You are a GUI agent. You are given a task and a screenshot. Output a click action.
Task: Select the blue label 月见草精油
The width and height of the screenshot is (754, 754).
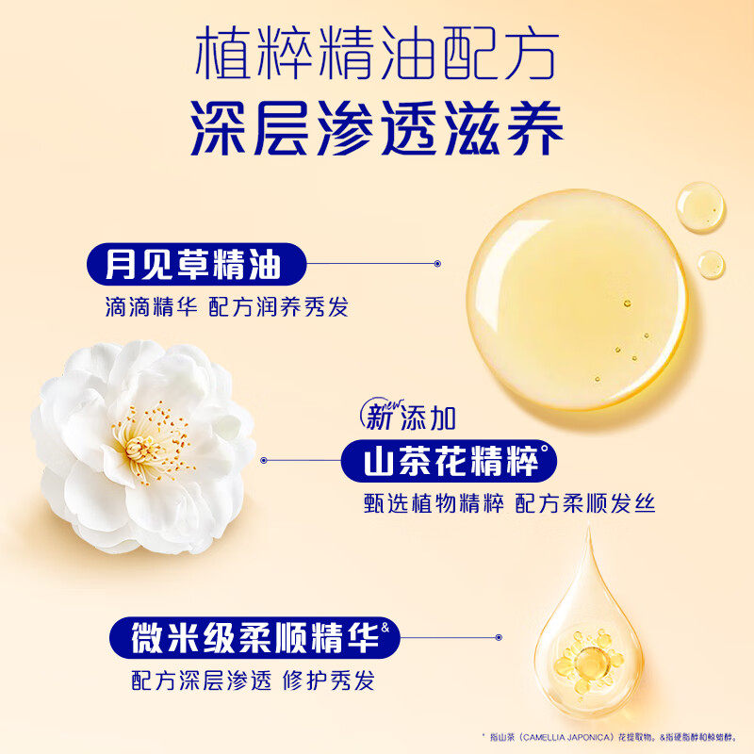click(193, 265)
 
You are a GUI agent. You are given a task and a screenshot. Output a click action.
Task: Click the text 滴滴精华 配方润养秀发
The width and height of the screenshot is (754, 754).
click(226, 308)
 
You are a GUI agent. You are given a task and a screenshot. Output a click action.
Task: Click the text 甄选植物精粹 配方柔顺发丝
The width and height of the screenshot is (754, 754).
click(509, 504)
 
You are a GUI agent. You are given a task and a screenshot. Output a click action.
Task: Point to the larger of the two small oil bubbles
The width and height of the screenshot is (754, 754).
click(701, 205)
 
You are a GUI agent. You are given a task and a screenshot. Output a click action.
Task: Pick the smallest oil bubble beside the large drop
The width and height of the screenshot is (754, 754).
click(711, 264)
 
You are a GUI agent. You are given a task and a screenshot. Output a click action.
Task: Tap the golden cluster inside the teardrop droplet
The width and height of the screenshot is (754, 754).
click(584, 655)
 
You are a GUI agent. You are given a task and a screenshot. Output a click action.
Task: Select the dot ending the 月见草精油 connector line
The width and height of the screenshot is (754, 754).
click(437, 265)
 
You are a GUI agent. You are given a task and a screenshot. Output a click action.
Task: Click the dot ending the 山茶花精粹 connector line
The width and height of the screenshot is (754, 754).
click(265, 461)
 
